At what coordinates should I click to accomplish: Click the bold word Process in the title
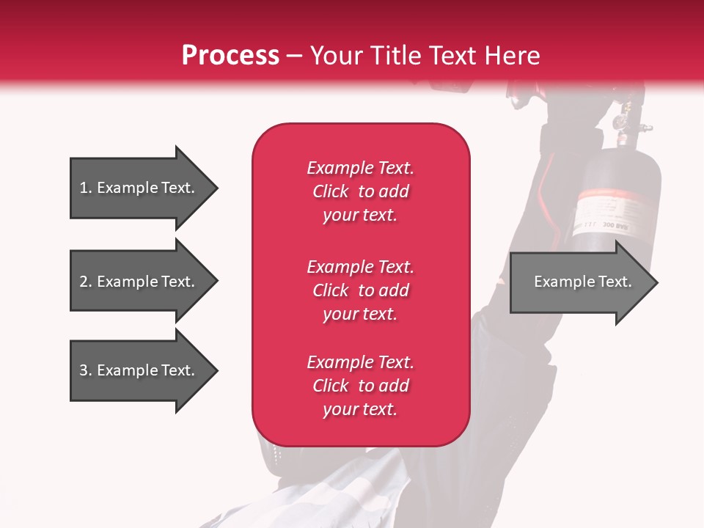pyautogui.click(x=230, y=56)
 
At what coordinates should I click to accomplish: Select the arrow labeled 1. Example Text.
pyautogui.click(x=139, y=188)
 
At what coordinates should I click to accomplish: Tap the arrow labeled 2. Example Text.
pyautogui.click(x=139, y=282)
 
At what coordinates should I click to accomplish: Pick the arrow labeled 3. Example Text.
pyautogui.click(x=139, y=370)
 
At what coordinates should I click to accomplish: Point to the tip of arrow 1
pyautogui.click(x=216, y=188)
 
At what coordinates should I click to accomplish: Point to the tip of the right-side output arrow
pyautogui.click(x=656, y=282)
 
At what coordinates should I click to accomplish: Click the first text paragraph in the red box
pyautogui.click(x=360, y=191)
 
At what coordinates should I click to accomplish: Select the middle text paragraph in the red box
pyautogui.click(x=360, y=290)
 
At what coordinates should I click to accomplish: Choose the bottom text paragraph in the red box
pyautogui.click(x=360, y=386)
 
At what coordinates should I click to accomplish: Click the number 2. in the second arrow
pyautogui.click(x=86, y=282)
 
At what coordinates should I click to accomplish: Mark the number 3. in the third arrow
pyautogui.click(x=86, y=370)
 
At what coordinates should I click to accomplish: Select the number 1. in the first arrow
pyautogui.click(x=85, y=188)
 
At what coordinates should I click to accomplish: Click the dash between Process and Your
pyautogui.click(x=294, y=56)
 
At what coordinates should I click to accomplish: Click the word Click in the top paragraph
pyautogui.click(x=331, y=191)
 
